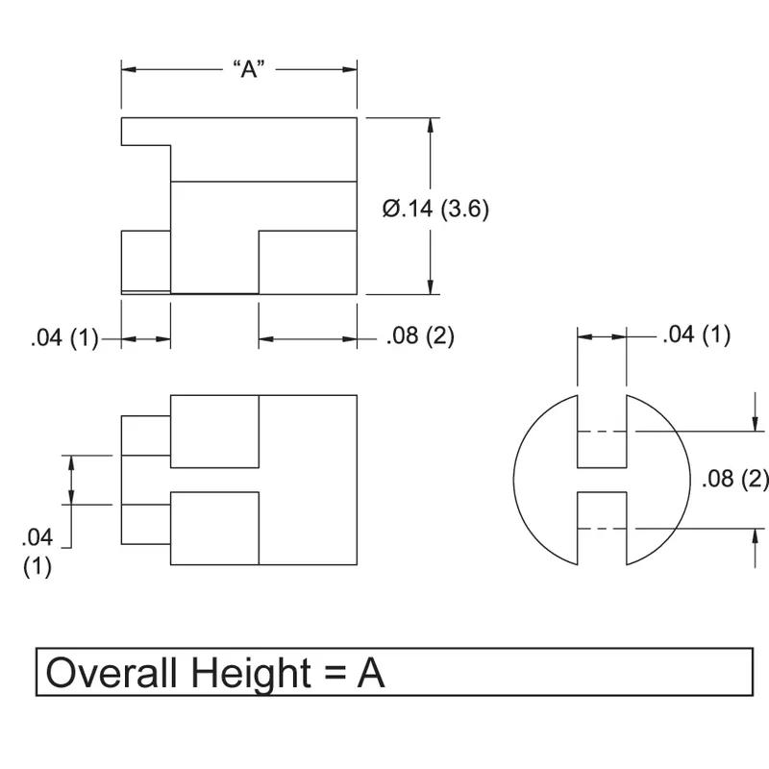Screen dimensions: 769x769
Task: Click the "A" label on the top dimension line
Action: click(x=249, y=69)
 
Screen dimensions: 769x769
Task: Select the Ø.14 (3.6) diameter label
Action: click(x=435, y=209)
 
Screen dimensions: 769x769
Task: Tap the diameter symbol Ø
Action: click(x=391, y=209)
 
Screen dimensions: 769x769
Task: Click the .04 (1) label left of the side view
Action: click(x=64, y=338)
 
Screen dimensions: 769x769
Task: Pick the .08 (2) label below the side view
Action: click(x=420, y=336)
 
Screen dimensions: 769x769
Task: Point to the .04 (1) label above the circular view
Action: click(x=696, y=335)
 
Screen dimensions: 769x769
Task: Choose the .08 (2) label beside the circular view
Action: click(x=735, y=479)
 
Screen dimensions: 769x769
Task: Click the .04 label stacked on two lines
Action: click(x=37, y=552)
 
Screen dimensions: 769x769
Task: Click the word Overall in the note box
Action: click(x=111, y=673)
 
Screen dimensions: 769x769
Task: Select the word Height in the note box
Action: click(x=250, y=675)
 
